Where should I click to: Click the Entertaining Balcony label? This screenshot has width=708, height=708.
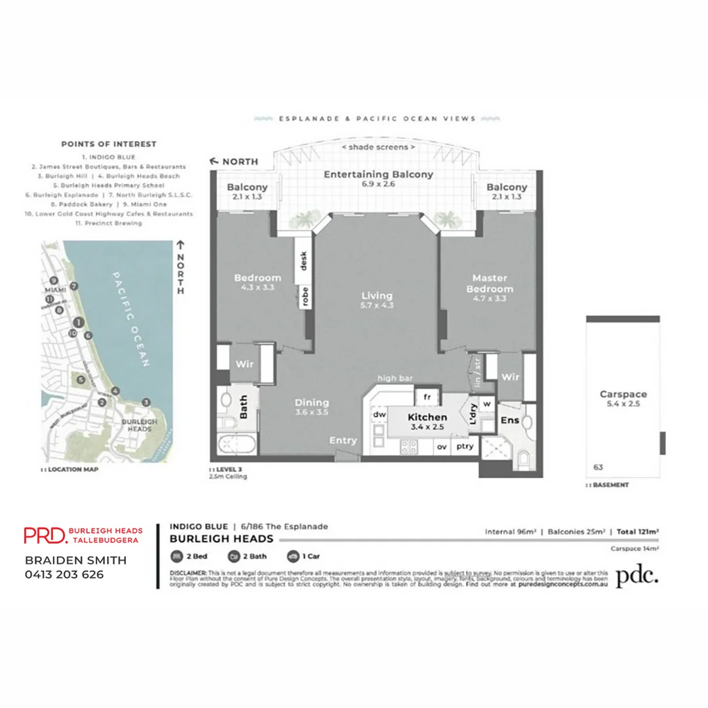[x=378, y=174]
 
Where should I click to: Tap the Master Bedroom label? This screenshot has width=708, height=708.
[x=489, y=283]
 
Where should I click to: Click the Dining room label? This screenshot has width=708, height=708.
[x=311, y=403]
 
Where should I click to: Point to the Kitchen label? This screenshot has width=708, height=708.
[x=427, y=417]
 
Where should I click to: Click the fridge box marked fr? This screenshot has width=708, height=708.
[x=426, y=397]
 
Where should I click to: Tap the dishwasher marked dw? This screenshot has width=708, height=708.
[x=379, y=414]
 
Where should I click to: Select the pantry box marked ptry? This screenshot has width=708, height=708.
[x=465, y=447]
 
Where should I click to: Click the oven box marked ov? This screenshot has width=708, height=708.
[x=442, y=447]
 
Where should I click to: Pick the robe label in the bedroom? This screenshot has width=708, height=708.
[x=305, y=296]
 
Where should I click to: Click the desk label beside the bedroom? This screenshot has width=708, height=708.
[x=303, y=261]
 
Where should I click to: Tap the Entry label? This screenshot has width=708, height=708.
[x=344, y=441]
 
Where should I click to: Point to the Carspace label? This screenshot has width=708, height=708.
[x=623, y=394]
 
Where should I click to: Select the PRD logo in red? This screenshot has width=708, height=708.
[x=45, y=535]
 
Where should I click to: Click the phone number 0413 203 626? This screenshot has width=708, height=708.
[x=64, y=575]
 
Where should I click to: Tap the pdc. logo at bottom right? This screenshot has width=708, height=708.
[x=637, y=575]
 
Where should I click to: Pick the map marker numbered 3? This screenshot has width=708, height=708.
[x=146, y=401]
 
